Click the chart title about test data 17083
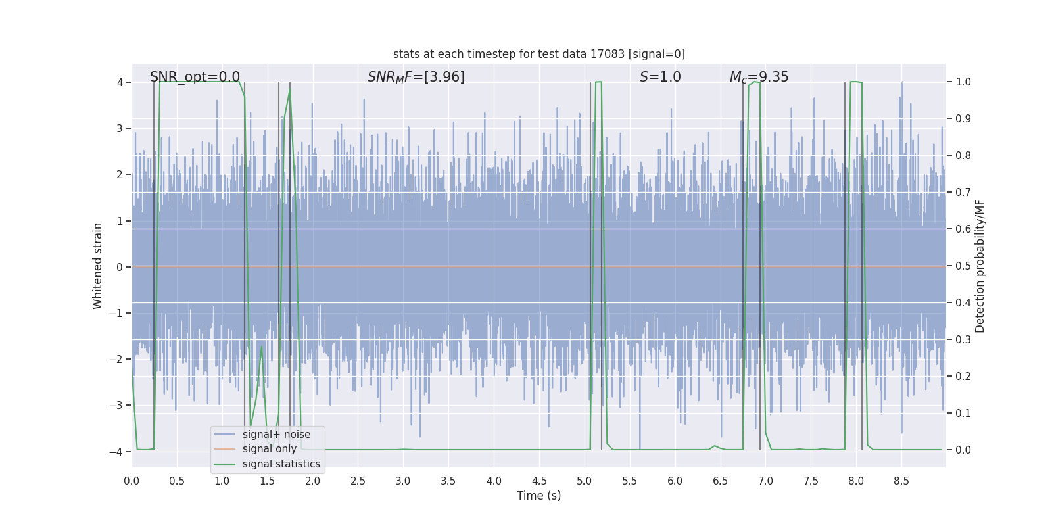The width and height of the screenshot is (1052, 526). (x=538, y=54)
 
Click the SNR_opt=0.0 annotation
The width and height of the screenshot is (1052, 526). (x=195, y=77)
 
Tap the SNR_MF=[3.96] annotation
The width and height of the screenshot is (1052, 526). (x=416, y=77)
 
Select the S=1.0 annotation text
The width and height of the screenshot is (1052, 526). (x=660, y=77)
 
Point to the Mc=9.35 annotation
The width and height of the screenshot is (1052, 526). (x=759, y=77)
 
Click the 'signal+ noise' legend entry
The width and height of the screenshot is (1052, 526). (x=276, y=435)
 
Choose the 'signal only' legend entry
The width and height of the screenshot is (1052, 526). (x=269, y=449)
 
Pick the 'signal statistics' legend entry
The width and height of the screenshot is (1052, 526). (x=281, y=464)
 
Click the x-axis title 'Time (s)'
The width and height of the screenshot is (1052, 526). (x=538, y=496)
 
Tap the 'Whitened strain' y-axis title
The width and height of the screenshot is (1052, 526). (x=98, y=266)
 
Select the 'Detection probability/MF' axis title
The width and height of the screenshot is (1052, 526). (x=980, y=266)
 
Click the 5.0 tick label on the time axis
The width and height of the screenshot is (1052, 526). (x=585, y=481)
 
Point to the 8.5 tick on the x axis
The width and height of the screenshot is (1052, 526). (x=901, y=481)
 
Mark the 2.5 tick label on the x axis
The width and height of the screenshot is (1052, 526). (x=358, y=481)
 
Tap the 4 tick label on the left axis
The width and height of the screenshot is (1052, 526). (x=120, y=82)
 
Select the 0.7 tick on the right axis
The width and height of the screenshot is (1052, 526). (x=963, y=193)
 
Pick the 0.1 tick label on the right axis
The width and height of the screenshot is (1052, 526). (x=963, y=414)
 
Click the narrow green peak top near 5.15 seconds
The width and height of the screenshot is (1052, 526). (x=599, y=82)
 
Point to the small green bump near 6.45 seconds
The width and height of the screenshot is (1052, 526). (x=715, y=446)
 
